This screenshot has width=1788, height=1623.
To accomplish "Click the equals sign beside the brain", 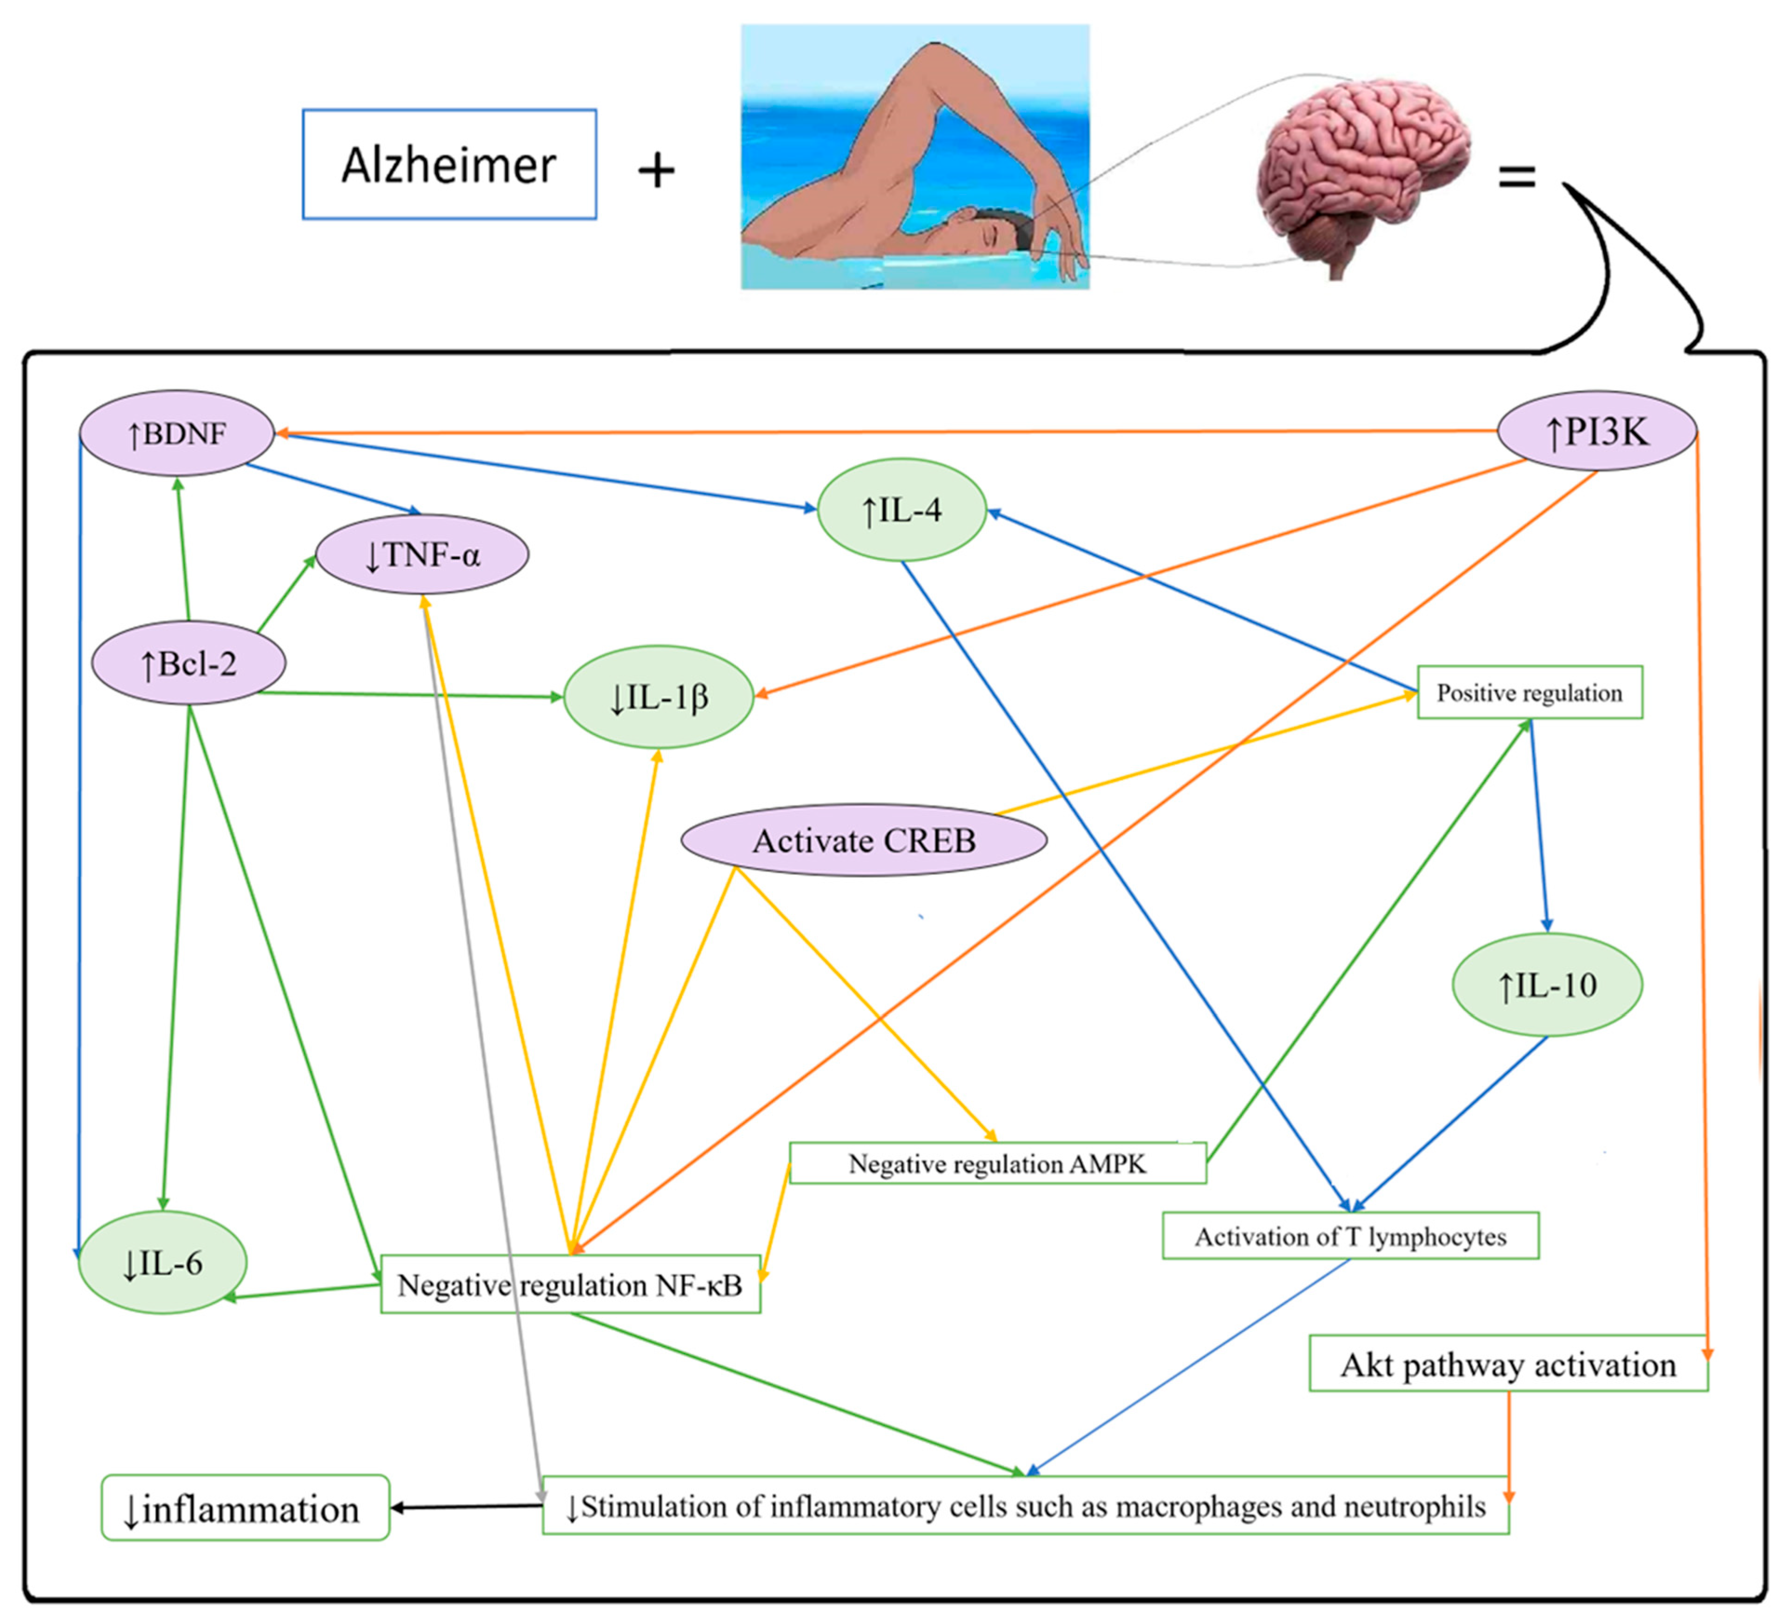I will tap(1517, 176).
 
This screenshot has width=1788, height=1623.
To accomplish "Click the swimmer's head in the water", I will tap(994, 233).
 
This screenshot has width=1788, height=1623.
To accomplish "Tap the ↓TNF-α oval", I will tap(422, 555).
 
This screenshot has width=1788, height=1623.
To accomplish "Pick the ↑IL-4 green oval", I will tap(901, 510).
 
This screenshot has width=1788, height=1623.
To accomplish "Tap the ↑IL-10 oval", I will tap(1547, 984).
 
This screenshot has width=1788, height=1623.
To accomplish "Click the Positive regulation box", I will tap(1529, 692).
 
